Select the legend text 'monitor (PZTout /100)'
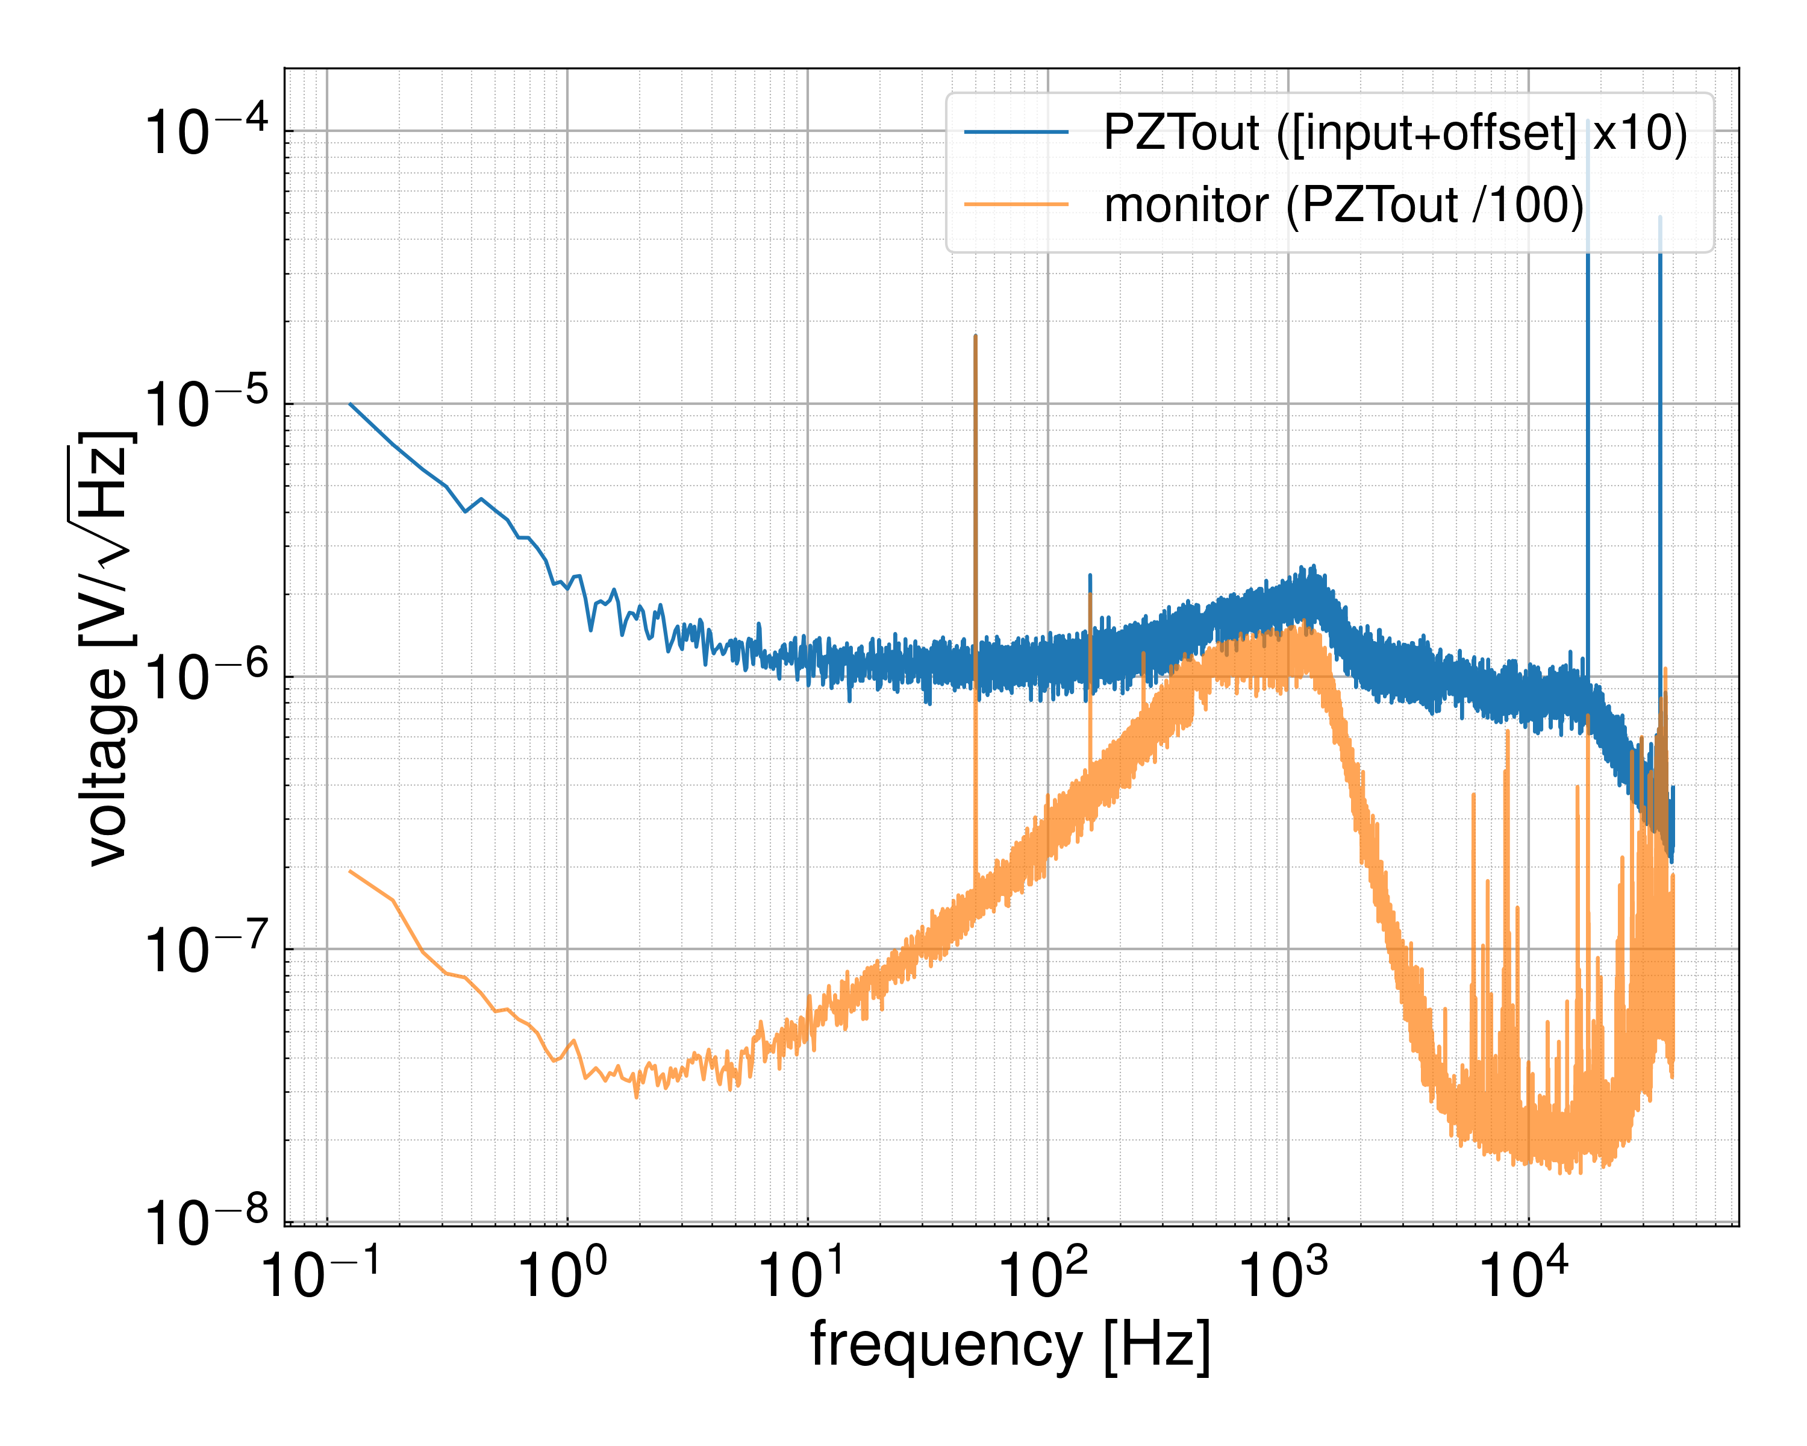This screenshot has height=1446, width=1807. [x=1344, y=204]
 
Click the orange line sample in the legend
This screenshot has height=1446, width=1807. [x=1017, y=204]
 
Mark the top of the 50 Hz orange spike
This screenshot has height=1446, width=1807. [x=976, y=336]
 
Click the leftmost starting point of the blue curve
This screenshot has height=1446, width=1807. [x=351, y=404]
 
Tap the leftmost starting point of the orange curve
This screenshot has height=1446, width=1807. [x=351, y=872]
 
